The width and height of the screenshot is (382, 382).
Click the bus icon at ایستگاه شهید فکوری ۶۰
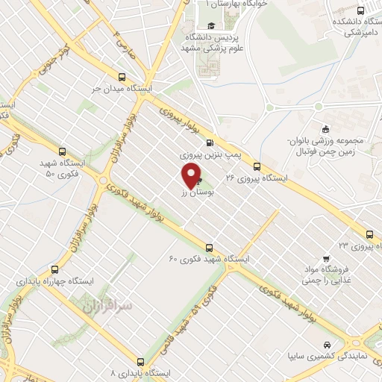(209, 247)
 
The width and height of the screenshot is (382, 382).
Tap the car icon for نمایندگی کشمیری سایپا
(328, 345)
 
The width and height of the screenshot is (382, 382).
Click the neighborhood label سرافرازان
(103, 307)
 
